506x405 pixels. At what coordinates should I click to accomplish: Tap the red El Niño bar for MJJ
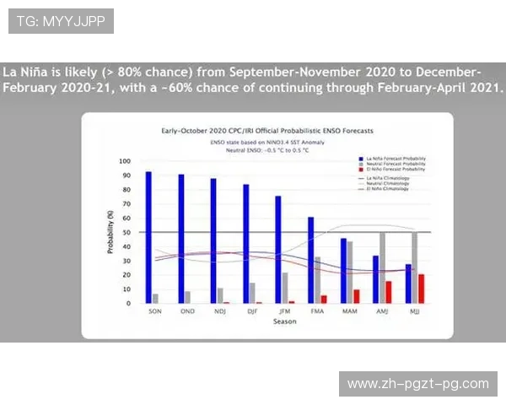click(421, 289)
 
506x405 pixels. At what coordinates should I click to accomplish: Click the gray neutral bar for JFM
click(285, 288)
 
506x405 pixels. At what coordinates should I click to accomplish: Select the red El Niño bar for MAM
click(356, 296)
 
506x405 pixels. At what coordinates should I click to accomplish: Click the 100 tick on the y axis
click(125, 161)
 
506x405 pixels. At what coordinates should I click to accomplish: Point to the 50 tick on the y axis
click(126, 232)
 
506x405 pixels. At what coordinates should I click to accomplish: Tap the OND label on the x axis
click(187, 311)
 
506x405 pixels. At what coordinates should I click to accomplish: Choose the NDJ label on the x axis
click(219, 311)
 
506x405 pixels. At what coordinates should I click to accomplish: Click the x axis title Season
click(284, 321)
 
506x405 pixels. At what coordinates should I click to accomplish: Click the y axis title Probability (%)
click(110, 232)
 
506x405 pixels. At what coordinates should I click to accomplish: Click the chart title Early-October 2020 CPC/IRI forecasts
click(266, 132)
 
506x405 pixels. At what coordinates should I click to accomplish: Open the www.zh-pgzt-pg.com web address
click(417, 384)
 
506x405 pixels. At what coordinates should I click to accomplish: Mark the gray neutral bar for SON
click(155, 298)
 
